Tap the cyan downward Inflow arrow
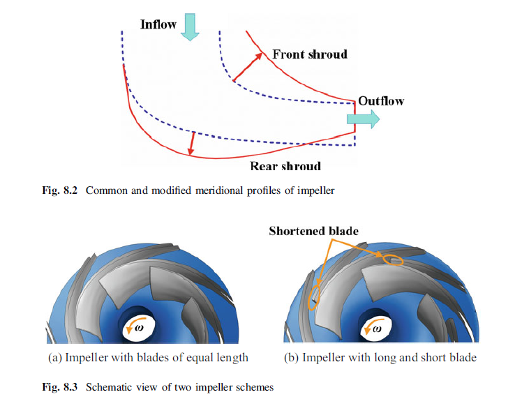(x=190, y=27)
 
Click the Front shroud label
(x=309, y=54)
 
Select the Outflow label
(x=381, y=101)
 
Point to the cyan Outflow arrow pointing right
(x=364, y=119)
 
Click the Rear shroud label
(x=285, y=166)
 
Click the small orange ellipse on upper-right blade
(x=392, y=261)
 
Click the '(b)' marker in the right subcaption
(x=294, y=358)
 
